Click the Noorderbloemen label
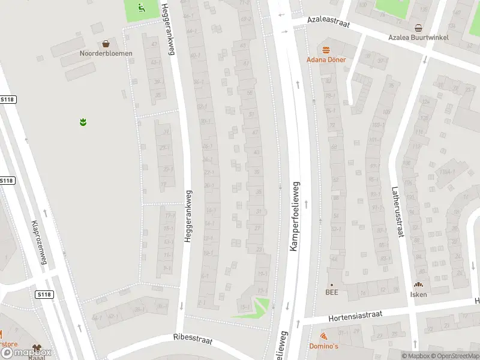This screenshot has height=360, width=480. coord(106,53)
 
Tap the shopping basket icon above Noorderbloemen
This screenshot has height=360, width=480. coord(106,43)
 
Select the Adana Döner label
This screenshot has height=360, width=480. coord(326,59)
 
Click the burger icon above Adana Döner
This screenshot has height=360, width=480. coord(326,50)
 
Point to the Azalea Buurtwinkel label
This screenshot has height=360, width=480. coord(418,37)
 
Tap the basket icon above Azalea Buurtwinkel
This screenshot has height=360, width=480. coord(418,28)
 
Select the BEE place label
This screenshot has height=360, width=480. coord(332,293)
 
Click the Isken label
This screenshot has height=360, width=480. coord(418,293)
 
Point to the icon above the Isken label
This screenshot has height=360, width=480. coord(418,284)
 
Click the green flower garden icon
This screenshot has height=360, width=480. coord(83,122)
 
